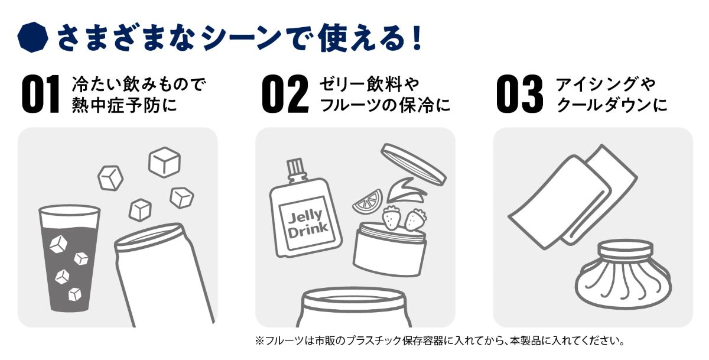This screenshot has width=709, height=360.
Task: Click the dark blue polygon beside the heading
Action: [32, 37]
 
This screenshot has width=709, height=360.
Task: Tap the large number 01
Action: [41, 94]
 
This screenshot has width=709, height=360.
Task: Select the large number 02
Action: [285, 94]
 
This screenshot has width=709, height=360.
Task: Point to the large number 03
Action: [519, 94]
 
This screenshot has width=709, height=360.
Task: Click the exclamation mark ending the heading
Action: [417, 37]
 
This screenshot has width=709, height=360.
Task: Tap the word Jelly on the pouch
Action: [305, 217]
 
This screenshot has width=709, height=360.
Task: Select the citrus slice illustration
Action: [367, 202]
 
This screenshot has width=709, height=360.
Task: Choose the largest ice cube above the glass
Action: [165, 162]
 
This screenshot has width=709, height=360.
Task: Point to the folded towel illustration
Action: [573, 196]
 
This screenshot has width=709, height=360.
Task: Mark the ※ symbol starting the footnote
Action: [259, 340]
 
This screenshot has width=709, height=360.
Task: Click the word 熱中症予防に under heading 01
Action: [125, 105]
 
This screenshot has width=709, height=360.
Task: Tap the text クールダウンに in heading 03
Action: [612, 105]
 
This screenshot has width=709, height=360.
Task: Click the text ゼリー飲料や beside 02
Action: [369, 84]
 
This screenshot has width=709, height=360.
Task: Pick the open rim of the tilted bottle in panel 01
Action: [149, 236]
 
